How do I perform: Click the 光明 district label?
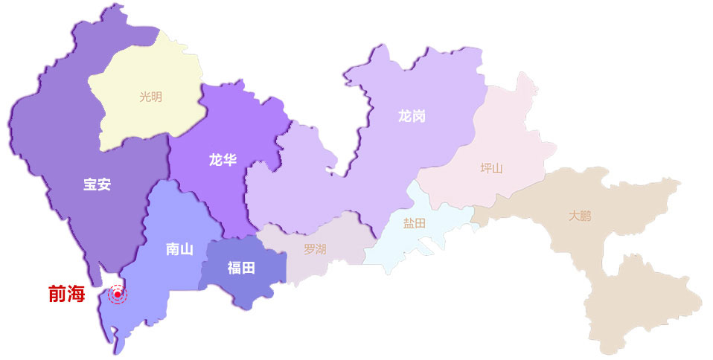pyautogui.click(x=150, y=96)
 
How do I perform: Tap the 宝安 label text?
pyautogui.click(x=97, y=184)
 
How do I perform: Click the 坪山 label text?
pyautogui.click(x=491, y=167)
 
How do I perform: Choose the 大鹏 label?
pyautogui.click(x=581, y=216)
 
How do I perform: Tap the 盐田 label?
pyautogui.click(x=415, y=223)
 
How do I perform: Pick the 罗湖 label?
pyautogui.click(x=315, y=249)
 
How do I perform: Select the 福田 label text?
pyautogui.click(x=241, y=268)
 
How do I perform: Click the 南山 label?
pyautogui.click(x=179, y=249)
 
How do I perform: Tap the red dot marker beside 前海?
pyautogui.click(x=118, y=295)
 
